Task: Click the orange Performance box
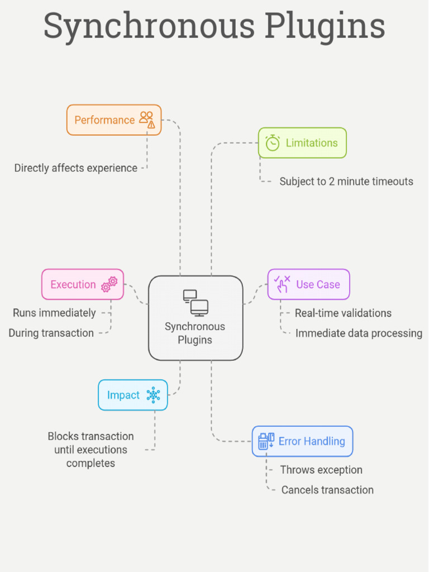click(114, 120)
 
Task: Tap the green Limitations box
click(302, 143)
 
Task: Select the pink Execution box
click(83, 284)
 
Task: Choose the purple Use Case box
click(308, 284)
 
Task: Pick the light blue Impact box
click(133, 395)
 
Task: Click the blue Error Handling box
click(302, 441)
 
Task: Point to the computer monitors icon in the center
click(196, 302)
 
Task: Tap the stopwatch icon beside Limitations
click(273, 143)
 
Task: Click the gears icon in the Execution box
click(109, 284)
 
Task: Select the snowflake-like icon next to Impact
click(153, 395)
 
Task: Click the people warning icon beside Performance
click(147, 120)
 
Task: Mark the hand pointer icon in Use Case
click(282, 284)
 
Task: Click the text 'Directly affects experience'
click(76, 168)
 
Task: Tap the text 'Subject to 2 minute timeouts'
click(346, 181)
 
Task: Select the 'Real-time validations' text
click(343, 313)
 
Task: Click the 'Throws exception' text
click(321, 470)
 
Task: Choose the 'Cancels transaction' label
click(327, 490)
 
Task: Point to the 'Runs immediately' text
click(55, 313)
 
